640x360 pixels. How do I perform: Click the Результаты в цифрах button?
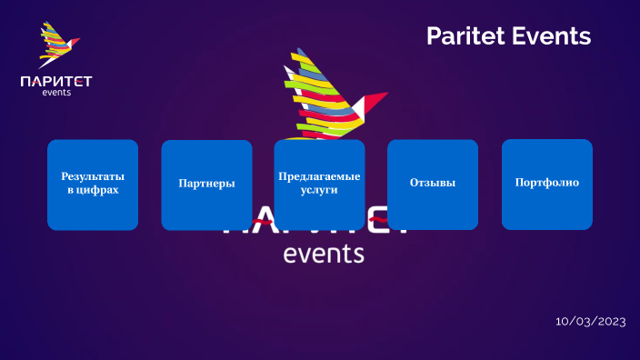[x=93, y=185]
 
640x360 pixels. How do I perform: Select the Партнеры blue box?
[x=206, y=185]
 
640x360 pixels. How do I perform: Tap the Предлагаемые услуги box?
[x=319, y=185]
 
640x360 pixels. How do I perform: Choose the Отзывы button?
[x=433, y=185]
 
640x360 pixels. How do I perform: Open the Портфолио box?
[x=546, y=185]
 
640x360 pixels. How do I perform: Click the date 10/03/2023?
[x=591, y=322]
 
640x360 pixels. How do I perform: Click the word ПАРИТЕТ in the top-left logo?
[x=56, y=82]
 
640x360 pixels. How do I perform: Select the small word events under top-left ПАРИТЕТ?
[x=56, y=92]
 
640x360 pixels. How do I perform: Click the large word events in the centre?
[x=324, y=254]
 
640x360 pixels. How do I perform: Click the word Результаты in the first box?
[x=93, y=176]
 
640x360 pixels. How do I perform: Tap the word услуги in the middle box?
[x=319, y=191]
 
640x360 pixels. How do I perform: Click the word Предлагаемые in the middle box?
[x=319, y=176]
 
